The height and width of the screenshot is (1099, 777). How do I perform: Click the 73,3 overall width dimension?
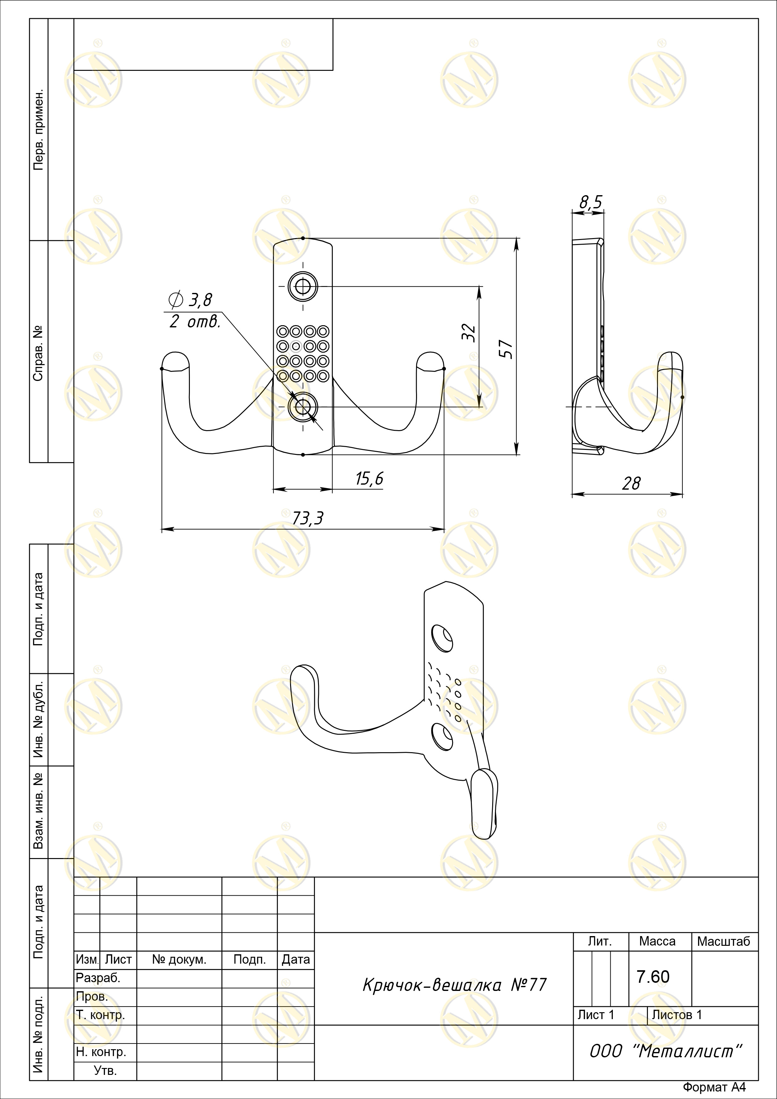tap(308, 518)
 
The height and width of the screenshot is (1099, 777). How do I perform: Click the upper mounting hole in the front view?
tap(303, 287)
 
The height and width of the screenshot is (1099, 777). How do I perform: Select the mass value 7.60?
tap(653, 977)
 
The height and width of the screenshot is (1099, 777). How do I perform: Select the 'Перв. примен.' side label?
tap(39, 130)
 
